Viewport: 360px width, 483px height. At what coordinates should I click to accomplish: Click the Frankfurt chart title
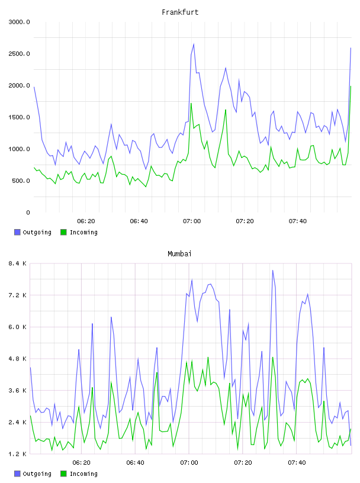pyautogui.click(x=180, y=12)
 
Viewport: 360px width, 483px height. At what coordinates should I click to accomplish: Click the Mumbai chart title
pyautogui.click(x=179, y=254)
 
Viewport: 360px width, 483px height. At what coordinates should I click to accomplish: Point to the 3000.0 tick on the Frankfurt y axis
pyautogui.click(x=19, y=22)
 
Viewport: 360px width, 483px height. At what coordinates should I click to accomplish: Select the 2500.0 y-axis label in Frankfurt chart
pyautogui.click(x=19, y=54)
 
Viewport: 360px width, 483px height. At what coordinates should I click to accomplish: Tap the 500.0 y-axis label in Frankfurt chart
pyautogui.click(x=21, y=181)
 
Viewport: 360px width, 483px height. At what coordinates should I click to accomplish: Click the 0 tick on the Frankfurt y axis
pyautogui.click(x=28, y=212)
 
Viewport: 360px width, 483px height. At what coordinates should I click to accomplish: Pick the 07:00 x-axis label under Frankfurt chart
pyautogui.click(x=192, y=221)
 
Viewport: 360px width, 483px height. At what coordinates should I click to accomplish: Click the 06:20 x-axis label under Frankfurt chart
pyautogui.click(x=86, y=221)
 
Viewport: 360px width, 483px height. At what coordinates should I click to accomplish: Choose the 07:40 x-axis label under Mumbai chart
pyautogui.click(x=297, y=463)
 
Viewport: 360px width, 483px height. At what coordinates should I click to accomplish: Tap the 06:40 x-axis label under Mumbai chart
pyautogui.click(x=136, y=463)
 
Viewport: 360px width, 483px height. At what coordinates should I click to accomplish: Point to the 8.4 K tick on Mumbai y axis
pyautogui.click(x=18, y=263)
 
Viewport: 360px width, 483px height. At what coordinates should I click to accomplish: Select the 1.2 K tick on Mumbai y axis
pyautogui.click(x=18, y=454)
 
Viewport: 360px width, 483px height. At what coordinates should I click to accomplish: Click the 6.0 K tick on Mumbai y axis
pyautogui.click(x=18, y=327)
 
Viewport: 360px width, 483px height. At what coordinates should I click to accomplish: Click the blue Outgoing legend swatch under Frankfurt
pyautogui.click(x=17, y=232)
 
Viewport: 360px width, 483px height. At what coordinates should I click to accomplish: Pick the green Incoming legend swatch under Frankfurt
pyautogui.click(x=63, y=232)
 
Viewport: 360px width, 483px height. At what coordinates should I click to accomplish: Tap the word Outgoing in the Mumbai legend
pyautogui.click(x=37, y=474)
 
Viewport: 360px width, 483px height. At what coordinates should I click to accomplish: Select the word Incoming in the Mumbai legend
pyautogui.click(x=83, y=474)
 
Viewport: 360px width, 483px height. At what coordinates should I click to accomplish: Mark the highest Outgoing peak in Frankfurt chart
pyautogui.click(x=194, y=44)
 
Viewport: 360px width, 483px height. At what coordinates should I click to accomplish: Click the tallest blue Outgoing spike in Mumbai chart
pyautogui.click(x=273, y=270)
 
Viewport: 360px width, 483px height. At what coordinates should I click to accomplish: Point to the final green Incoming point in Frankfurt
pyautogui.click(x=351, y=86)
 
